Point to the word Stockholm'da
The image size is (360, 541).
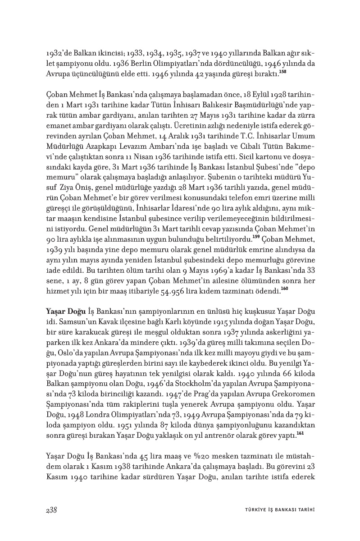tap(201, 384)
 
